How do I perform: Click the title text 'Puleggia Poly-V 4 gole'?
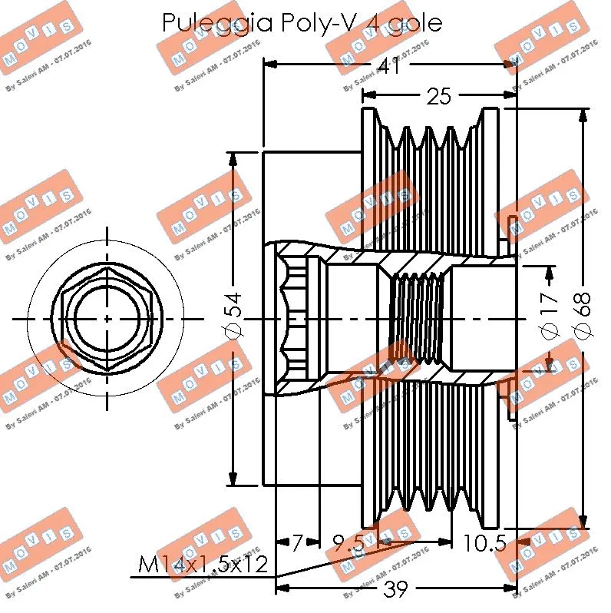pos(302,22)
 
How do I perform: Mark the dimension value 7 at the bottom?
pos(296,543)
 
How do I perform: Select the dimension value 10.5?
pos(484,543)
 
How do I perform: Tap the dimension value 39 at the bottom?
pos(396,589)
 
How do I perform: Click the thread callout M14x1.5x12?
pos(203,566)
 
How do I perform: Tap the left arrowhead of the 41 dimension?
pos(269,65)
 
